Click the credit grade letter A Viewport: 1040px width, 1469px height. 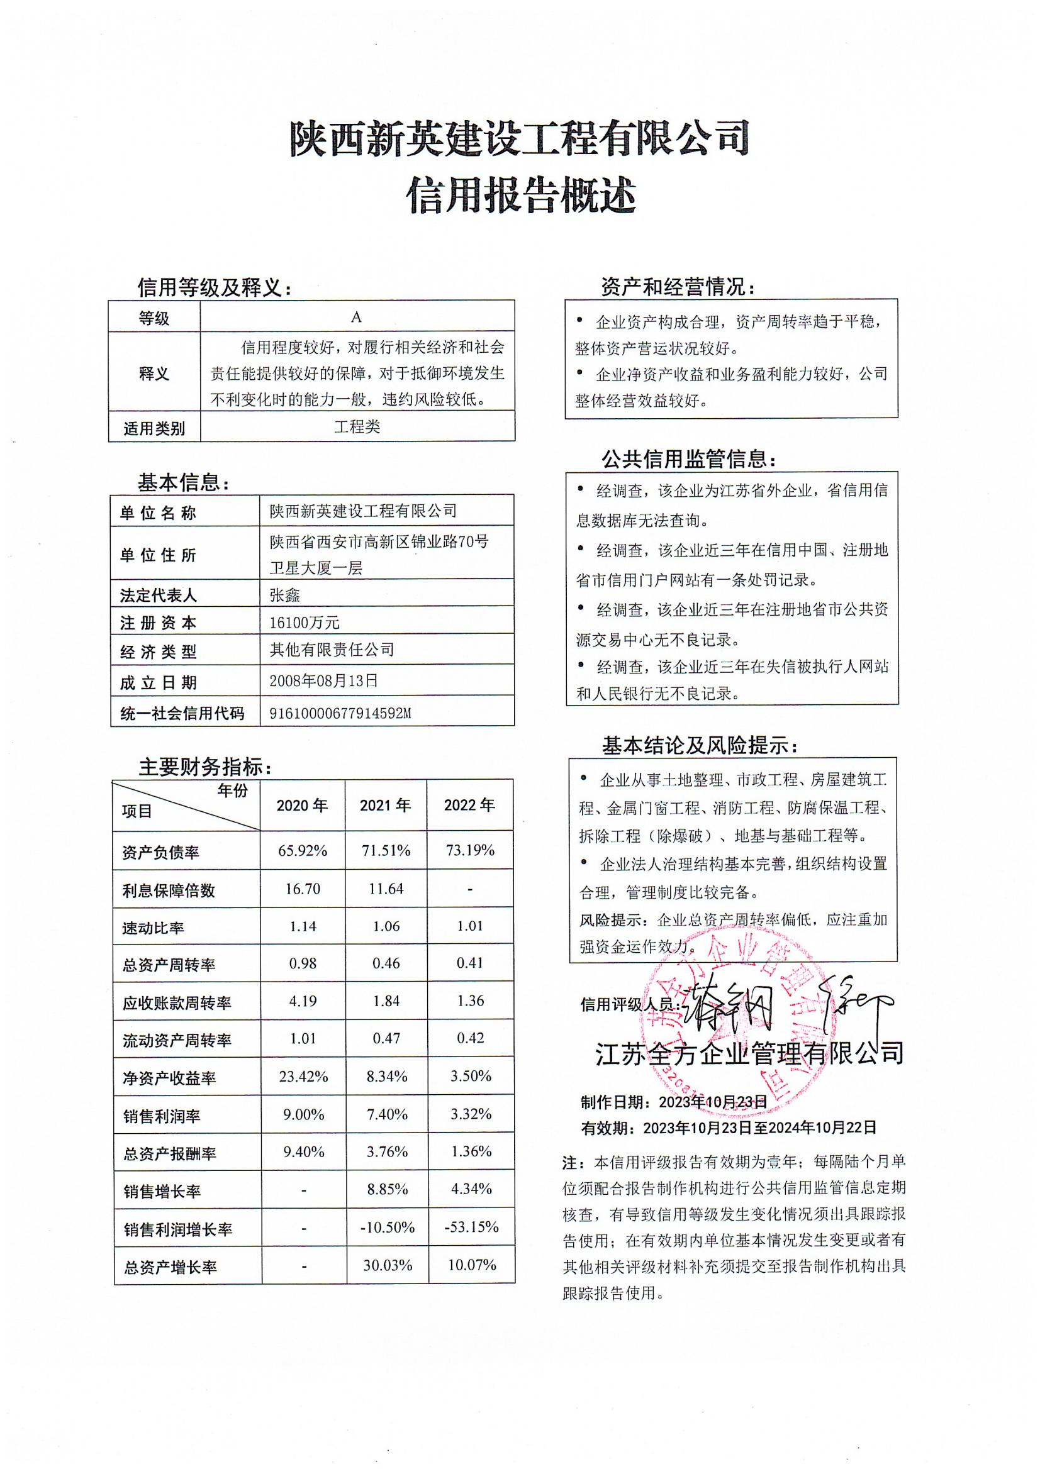(357, 318)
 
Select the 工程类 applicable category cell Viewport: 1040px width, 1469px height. (357, 427)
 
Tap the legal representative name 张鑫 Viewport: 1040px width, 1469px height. (285, 596)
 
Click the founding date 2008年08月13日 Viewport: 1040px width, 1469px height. (323, 680)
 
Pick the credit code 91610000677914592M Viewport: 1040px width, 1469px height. (340, 713)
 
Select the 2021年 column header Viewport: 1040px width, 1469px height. (386, 805)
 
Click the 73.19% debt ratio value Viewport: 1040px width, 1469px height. (470, 850)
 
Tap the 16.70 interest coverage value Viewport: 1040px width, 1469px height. (303, 889)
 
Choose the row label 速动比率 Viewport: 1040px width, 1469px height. (153, 928)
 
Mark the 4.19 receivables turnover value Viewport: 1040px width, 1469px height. (303, 1001)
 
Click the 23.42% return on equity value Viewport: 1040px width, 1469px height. (303, 1077)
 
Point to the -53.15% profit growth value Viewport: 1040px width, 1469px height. (471, 1227)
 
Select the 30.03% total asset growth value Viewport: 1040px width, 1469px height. (387, 1265)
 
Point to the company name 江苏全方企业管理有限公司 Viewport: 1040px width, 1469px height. (749, 1053)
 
